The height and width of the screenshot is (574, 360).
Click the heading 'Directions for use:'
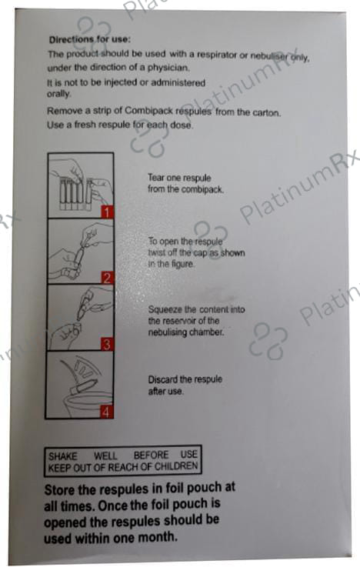point(90,39)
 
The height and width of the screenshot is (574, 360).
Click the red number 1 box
point(107,212)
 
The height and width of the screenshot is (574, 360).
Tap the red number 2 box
point(107,278)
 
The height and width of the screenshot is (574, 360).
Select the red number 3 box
point(107,345)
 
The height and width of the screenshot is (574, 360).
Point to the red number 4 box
point(106,412)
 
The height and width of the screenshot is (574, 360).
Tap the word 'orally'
point(58,94)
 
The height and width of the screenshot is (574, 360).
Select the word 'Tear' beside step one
point(156,178)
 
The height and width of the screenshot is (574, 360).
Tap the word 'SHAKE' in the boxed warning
point(63,456)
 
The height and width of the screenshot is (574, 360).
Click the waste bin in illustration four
point(87,403)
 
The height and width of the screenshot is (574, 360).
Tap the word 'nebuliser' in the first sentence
point(268,56)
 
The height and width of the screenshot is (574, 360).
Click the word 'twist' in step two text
point(156,252)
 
